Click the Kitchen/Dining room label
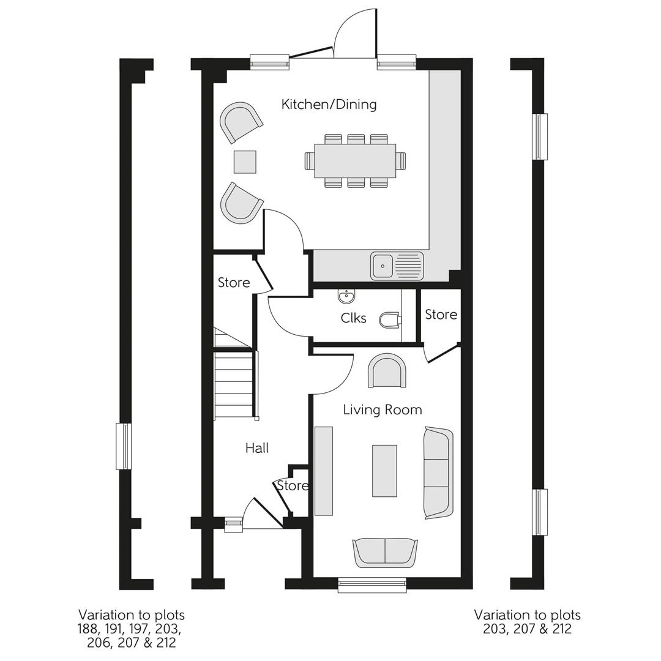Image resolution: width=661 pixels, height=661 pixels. pos(329,104)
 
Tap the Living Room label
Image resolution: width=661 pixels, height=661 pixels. pos(382,409)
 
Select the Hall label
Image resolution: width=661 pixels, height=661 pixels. pos(257,448)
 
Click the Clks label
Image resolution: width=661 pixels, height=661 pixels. pos(353,318)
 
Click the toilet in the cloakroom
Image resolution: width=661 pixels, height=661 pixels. pos(389,319)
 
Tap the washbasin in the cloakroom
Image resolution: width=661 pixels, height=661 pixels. pos(346,297)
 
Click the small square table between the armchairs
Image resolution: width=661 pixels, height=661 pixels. pos(245,162)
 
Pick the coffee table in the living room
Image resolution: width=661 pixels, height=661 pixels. pos(384,471)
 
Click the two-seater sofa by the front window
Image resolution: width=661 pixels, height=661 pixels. pos(385,552)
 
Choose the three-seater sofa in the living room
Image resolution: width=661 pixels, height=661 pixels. pos(438,473)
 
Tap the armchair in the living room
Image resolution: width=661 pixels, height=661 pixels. pos(387,371)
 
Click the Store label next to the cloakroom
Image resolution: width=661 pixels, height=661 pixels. pos(441,314)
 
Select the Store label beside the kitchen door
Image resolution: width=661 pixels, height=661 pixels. pos(234,282)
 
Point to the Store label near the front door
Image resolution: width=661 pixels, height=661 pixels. pos(293,485)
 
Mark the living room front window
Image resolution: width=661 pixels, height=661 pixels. pos(372,586)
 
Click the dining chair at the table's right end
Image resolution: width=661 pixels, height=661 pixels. pos(401,161)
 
